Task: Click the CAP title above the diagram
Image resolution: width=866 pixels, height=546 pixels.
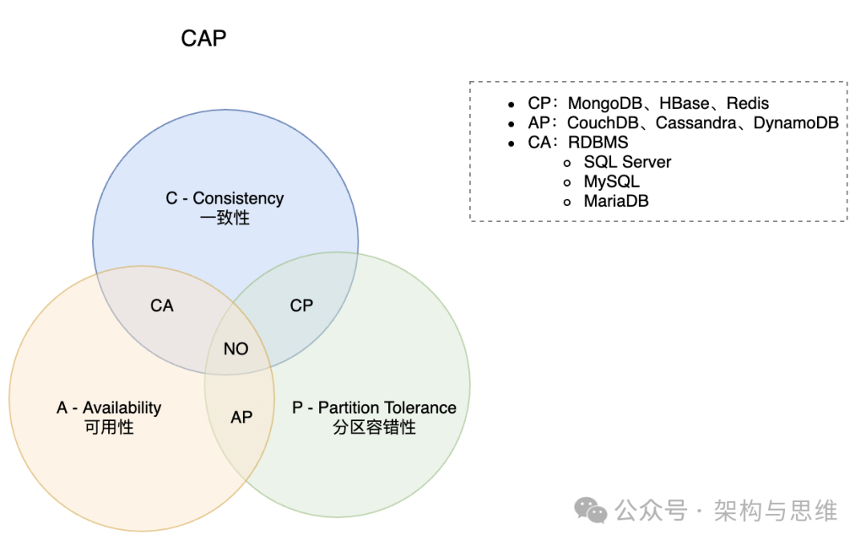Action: click(203, 38)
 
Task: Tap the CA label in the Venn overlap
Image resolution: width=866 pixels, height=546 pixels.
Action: click(162, 305)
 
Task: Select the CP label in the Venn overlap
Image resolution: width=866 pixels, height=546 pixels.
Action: click(301, 305)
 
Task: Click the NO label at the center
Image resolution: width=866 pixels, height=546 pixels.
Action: click(236, 349)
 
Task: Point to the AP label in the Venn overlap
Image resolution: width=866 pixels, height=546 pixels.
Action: click(241, 418)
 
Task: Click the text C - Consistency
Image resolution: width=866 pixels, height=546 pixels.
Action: click(225, 198)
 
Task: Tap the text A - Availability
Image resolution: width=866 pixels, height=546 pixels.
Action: click(109, 407)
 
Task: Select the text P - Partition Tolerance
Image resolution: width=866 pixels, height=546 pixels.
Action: click(374, 407)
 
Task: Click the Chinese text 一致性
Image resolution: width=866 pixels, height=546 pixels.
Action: click(225, 217)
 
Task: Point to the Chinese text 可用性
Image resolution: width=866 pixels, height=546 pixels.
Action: click(109, 427)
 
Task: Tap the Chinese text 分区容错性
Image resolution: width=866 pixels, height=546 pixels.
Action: click(374, 427)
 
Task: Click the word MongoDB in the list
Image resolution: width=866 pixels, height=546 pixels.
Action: click(605, 103)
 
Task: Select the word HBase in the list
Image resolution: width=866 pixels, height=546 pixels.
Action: click(684, 103)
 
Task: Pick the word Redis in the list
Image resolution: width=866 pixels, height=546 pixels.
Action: click(747, 103)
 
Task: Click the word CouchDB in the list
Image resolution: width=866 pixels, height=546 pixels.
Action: click(602, 123)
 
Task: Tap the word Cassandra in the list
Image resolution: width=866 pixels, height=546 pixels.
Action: click(696, 123)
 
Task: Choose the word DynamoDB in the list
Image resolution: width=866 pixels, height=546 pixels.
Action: click(796, 123)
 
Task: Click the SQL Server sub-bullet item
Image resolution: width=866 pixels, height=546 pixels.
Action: click(627, 162)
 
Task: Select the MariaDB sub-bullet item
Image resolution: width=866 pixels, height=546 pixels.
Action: click(617, 201)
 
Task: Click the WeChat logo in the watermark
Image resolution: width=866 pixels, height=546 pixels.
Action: click(590, 510)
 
